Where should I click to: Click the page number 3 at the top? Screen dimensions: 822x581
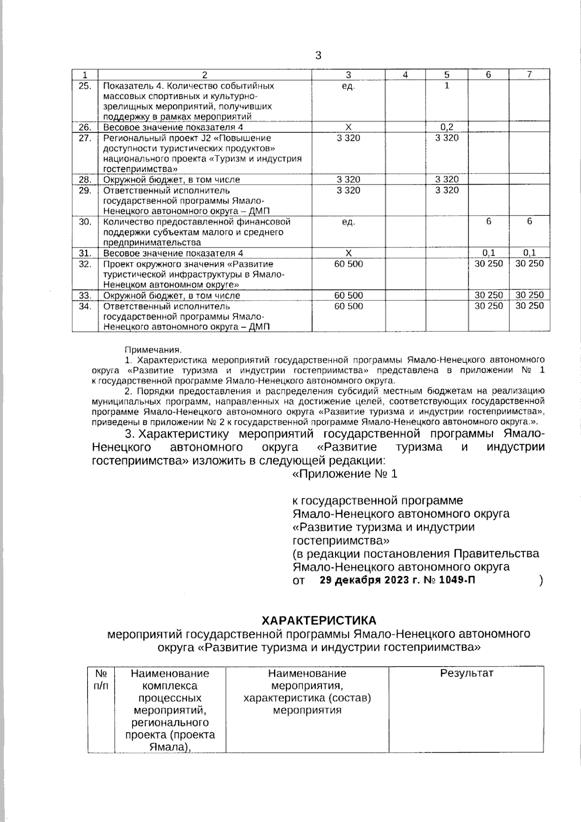pyautogui.click(x=318, y=56)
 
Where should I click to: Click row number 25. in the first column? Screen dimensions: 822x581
pyautogui.click(x=85, y=86)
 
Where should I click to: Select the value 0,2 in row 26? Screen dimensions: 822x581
pyautogui.click(x=446, y=127)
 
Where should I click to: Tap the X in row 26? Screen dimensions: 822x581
pyautogui.click(x=348, y=127)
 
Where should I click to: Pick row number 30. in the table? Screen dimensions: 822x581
pyautogui.click(x=85, y=222)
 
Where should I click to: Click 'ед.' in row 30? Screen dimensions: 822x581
pyautogui.click(x=348, y=222)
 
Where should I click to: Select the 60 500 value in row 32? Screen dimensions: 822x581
pyautogui.click(x=348, y=264)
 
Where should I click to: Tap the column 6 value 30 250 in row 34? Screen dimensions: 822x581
pyautogui.click(x=489, y=306)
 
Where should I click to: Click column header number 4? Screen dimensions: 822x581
pyautogui.click(x=405, y=75)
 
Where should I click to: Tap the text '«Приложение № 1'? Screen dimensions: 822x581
pyautogui.click(x=345, y=474)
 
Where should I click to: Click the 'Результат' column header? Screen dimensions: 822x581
pyautogui.click(x=466, y=673)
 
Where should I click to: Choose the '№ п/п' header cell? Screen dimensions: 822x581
pyautogui.click(x=101, y=680)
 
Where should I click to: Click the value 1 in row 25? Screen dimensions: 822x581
pyautogui.click(x=446, y=86)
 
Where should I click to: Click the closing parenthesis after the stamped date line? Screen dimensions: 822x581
pyautogui.click(x=540, y=581)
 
